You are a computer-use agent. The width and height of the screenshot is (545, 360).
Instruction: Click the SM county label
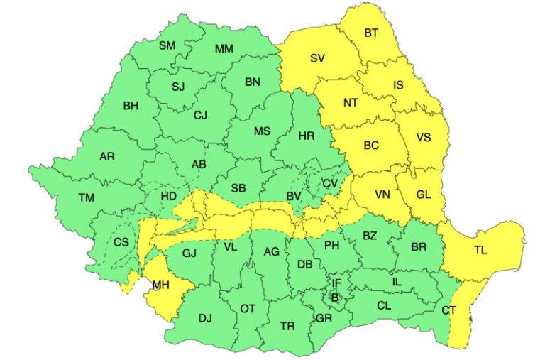click(167, 45)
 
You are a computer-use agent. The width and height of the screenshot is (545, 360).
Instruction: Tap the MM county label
click(224, 49)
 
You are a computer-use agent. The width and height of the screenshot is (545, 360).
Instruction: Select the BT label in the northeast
click(371, 33)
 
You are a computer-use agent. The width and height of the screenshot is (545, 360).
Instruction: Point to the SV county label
click(317, 58)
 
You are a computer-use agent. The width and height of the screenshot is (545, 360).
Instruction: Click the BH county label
click(131, 107)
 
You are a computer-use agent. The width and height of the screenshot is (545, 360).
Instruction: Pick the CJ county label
click(201, 114)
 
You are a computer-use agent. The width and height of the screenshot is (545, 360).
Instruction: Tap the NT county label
click(351, 102)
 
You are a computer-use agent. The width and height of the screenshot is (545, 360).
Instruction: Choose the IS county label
click(399, 85)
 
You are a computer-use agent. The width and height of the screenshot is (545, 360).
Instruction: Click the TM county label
click(87, 197)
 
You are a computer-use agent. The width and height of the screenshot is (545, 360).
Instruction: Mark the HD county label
click(169, 196)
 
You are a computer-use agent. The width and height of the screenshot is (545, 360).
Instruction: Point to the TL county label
click(480, 250)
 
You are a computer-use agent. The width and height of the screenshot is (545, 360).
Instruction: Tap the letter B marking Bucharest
click(335, 297)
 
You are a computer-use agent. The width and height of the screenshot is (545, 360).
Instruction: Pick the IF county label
click(337, 283)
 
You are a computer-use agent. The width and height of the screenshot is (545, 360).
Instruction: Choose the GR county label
click(324, 317)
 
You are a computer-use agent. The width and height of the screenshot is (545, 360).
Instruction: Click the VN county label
click(382, 194)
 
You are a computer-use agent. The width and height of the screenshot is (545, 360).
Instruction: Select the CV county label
click(329, 183)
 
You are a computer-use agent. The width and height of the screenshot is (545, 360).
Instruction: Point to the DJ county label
click(206, 318)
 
